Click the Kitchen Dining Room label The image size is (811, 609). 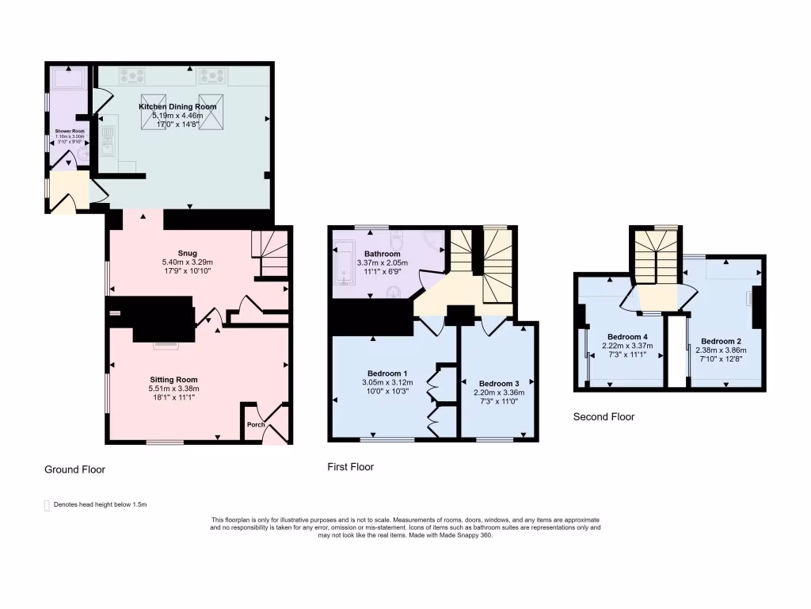[x=177, y=106]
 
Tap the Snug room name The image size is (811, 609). [x=188, y=253]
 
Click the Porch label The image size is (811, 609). [x=256, y=424]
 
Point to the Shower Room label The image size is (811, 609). [x=69, y=131]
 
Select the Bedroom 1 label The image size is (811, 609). [x=387, y=373]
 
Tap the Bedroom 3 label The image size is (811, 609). [x=499, y=382]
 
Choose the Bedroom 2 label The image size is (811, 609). [x=720, y=340]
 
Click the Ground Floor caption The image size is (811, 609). [x=74, y=469]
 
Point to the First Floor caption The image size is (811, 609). [x=350, y=467]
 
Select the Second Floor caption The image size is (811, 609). [x=603, y=416]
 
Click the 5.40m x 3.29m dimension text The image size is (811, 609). [x=188, y=262]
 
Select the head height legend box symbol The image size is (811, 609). [x=47, y=504]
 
